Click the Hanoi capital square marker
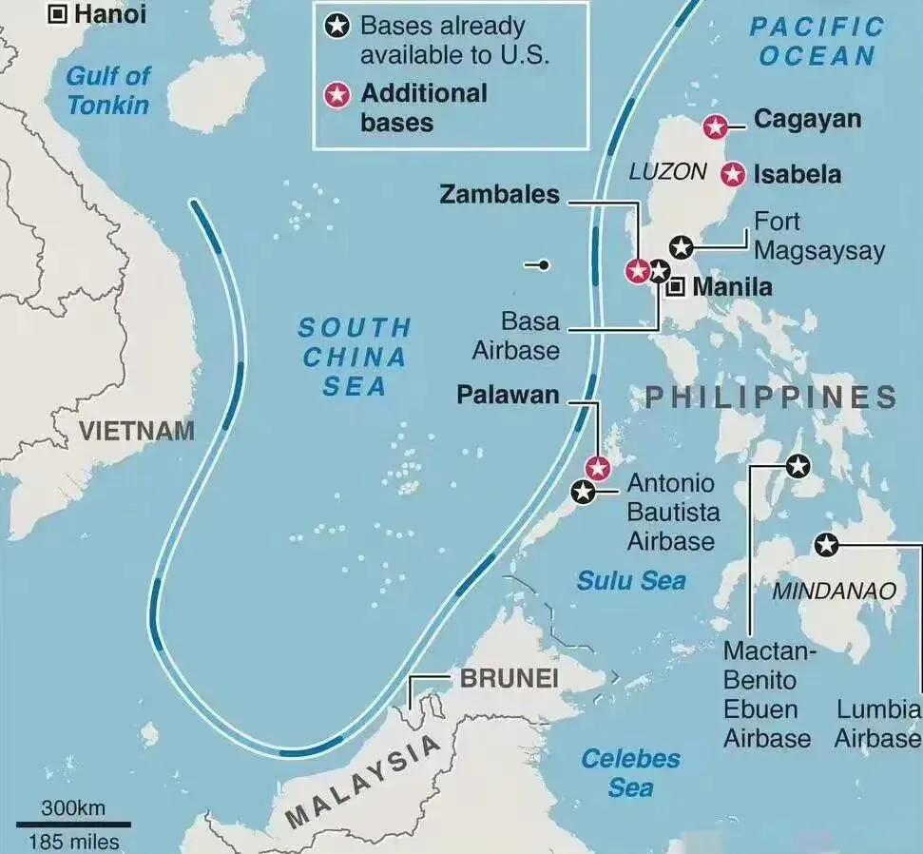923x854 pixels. [58, 13]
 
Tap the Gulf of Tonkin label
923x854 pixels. [108, 89]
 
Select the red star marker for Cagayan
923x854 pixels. [715, 126]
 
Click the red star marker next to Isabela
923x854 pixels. [732, 175]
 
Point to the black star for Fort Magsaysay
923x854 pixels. [681, 247]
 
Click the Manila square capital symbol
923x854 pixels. [675, 286]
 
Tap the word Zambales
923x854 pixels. [499, 195]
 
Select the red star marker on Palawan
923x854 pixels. [597, 468]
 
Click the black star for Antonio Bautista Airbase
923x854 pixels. [583, 492]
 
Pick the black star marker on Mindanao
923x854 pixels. [826, 545]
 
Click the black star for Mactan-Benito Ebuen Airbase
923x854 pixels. [798, 466]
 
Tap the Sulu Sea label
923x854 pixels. [631, 580]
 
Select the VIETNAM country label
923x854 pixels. [136, 431]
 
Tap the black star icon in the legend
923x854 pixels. [337, 27]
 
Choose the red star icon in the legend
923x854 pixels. [337, 95]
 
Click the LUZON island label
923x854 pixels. [667, 172]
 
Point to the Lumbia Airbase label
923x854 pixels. [877, 724]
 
